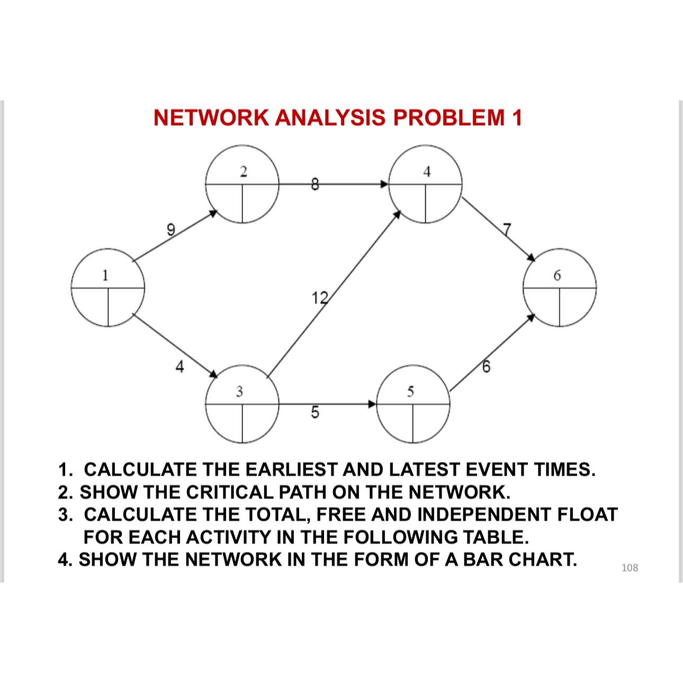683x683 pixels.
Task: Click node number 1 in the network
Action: tap(109, 290)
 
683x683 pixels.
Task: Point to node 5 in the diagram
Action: tap(414, 406)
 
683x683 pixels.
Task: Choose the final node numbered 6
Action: tap(560, 289)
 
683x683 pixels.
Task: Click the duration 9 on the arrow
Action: tap(170, 229)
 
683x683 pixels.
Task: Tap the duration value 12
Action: tap(320, 298)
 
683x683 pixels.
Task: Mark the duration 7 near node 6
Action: tap(508, 229)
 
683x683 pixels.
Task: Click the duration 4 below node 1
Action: tap(180, 366)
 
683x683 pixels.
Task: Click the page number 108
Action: tap(630, 568)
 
